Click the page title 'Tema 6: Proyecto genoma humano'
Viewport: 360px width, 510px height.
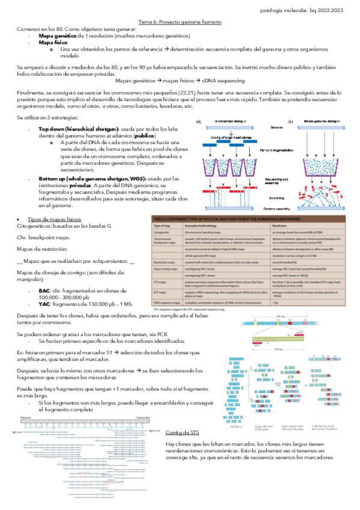coord(180,22)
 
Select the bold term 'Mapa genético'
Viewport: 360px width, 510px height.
coord(56,35)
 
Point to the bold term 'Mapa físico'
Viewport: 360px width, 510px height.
coord(52,43)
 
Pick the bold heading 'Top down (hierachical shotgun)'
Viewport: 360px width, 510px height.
coord(78,129)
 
